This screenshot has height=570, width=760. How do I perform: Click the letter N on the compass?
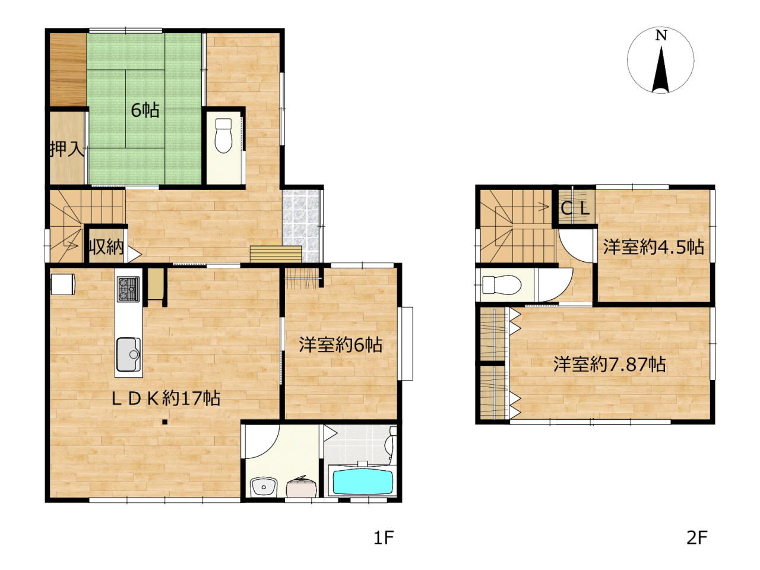pos(661,36)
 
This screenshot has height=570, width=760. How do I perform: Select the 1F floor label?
pos(384,538)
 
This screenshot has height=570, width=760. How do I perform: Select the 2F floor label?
pos(696,538)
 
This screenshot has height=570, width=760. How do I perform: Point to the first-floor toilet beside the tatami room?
pos(223,135)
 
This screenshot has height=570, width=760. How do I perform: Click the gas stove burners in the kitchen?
pos(128,289)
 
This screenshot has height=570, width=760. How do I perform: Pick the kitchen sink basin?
pos(129,354)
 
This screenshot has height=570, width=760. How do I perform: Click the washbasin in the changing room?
pos(264,487)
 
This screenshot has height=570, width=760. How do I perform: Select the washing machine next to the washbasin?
pos(301,487)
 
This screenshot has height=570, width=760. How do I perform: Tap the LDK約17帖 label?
pos(166,398)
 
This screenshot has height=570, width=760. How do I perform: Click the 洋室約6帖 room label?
pos(341,345)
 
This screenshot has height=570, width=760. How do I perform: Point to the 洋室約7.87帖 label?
pos(609,365)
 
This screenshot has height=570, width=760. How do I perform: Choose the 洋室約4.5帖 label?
pos(653,248)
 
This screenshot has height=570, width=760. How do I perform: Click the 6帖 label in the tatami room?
pos(145,110)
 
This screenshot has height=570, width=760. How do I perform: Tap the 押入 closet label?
pos(67,149)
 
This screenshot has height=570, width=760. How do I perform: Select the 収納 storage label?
pos(107,246)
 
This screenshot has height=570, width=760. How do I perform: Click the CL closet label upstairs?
pos(575,208)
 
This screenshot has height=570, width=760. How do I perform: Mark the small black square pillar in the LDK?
pos(165,422)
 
